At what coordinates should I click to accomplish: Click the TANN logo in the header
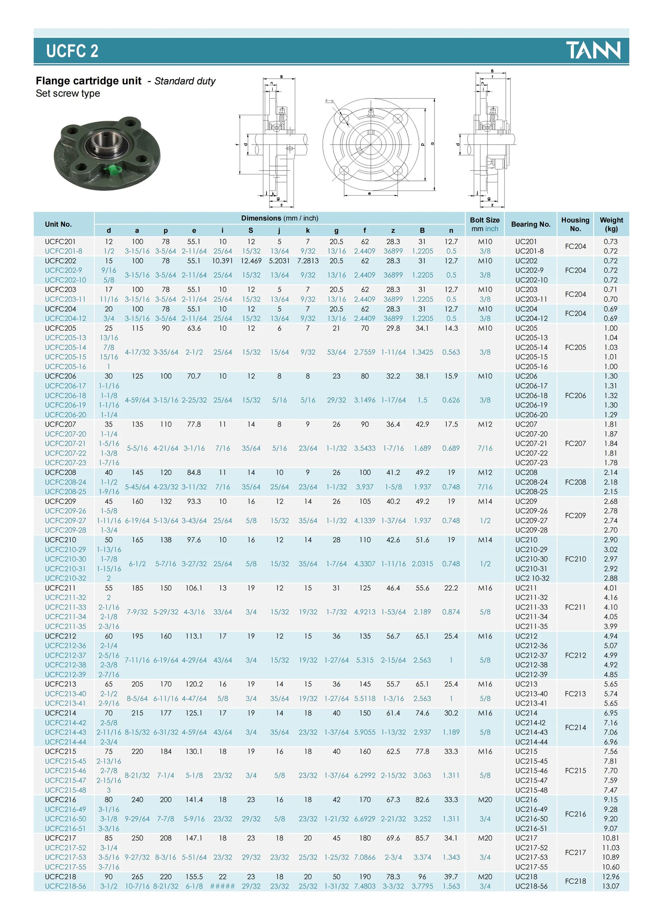point(593,50)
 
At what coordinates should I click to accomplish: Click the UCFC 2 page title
point(72,51)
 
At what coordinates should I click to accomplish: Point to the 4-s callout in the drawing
point(329,101)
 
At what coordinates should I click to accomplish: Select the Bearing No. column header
point(530,224)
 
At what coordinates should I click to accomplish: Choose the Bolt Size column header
point(484,224)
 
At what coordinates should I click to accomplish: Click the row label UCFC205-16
point(65,367)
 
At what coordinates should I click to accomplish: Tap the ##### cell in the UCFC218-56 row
point(222,886)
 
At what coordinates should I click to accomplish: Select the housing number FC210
point(575,559)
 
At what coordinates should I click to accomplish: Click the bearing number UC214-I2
point(530,722)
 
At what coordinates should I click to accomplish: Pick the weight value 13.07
point(611,886)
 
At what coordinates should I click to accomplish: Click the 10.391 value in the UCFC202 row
point(222,261)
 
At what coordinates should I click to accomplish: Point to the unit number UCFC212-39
point(65,674)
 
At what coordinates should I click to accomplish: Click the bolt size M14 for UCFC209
point(484,502)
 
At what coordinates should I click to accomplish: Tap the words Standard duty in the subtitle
point(185,81)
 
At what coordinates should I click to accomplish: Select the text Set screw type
point(68,94)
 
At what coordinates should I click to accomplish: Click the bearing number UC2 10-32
point(532,578)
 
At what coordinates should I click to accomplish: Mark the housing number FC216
point(575,814)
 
